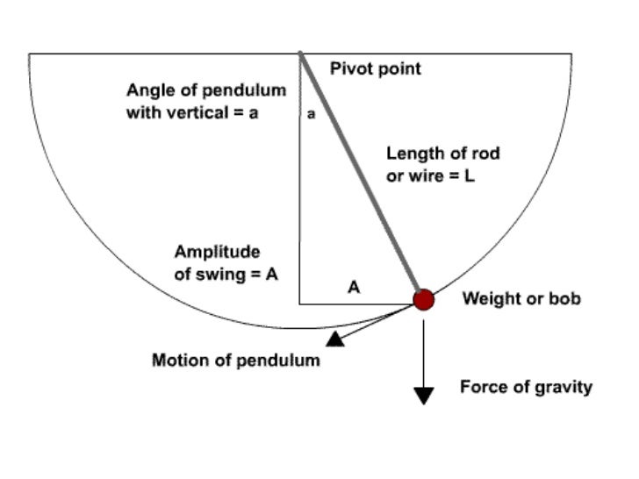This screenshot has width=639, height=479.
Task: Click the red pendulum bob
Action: [424, 300]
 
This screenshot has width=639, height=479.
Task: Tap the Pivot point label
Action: [375, 68]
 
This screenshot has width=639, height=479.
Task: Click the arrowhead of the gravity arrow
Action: [424, 395]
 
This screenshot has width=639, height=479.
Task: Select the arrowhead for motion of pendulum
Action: [335, 339]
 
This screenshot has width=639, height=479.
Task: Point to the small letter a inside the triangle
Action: [312, 113]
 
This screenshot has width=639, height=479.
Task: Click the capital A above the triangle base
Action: [354, 286]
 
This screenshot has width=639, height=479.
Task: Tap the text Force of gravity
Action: [526, 387]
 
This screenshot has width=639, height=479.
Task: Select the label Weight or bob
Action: [521, 299]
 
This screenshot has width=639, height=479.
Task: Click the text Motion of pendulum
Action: [236, 360]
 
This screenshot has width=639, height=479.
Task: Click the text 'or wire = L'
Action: [430, 175]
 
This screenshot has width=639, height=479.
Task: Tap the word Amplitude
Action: [217, 252]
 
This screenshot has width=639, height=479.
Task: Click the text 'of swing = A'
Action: [226, 273]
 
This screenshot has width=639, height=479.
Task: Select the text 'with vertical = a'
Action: [192, 112]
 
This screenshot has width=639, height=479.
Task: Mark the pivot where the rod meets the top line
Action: [300, 54]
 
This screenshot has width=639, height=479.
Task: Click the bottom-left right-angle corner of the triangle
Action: [300, 304]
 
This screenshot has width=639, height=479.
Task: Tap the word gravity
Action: [563, 387]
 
